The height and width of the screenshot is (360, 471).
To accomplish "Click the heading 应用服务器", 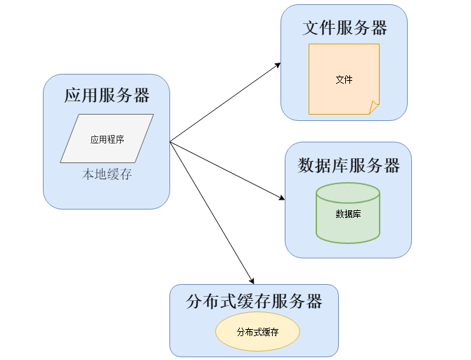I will tap(107, 95).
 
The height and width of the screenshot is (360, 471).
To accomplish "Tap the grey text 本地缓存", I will tap(107, 174).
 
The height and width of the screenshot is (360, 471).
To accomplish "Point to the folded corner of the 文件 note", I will tap(374, 108).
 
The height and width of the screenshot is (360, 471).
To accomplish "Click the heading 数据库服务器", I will tap(349, 165).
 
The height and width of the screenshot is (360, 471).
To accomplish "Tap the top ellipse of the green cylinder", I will tap(348, 192).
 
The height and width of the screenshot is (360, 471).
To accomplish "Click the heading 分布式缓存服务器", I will tap(254, 302).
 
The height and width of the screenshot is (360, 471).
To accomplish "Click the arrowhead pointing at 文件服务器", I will tap(278, 65).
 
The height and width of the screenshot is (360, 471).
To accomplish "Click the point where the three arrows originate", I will tap(170, 141).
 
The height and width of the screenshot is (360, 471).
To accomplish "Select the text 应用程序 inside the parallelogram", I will tap(107, 139).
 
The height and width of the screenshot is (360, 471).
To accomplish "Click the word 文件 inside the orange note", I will tap(344, 79).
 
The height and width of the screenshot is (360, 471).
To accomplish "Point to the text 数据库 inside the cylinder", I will tap(348, 214).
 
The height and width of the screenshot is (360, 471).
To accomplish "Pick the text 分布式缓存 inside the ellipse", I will tap(257, 332).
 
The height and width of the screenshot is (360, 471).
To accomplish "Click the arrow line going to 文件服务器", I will tap(225, 103).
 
